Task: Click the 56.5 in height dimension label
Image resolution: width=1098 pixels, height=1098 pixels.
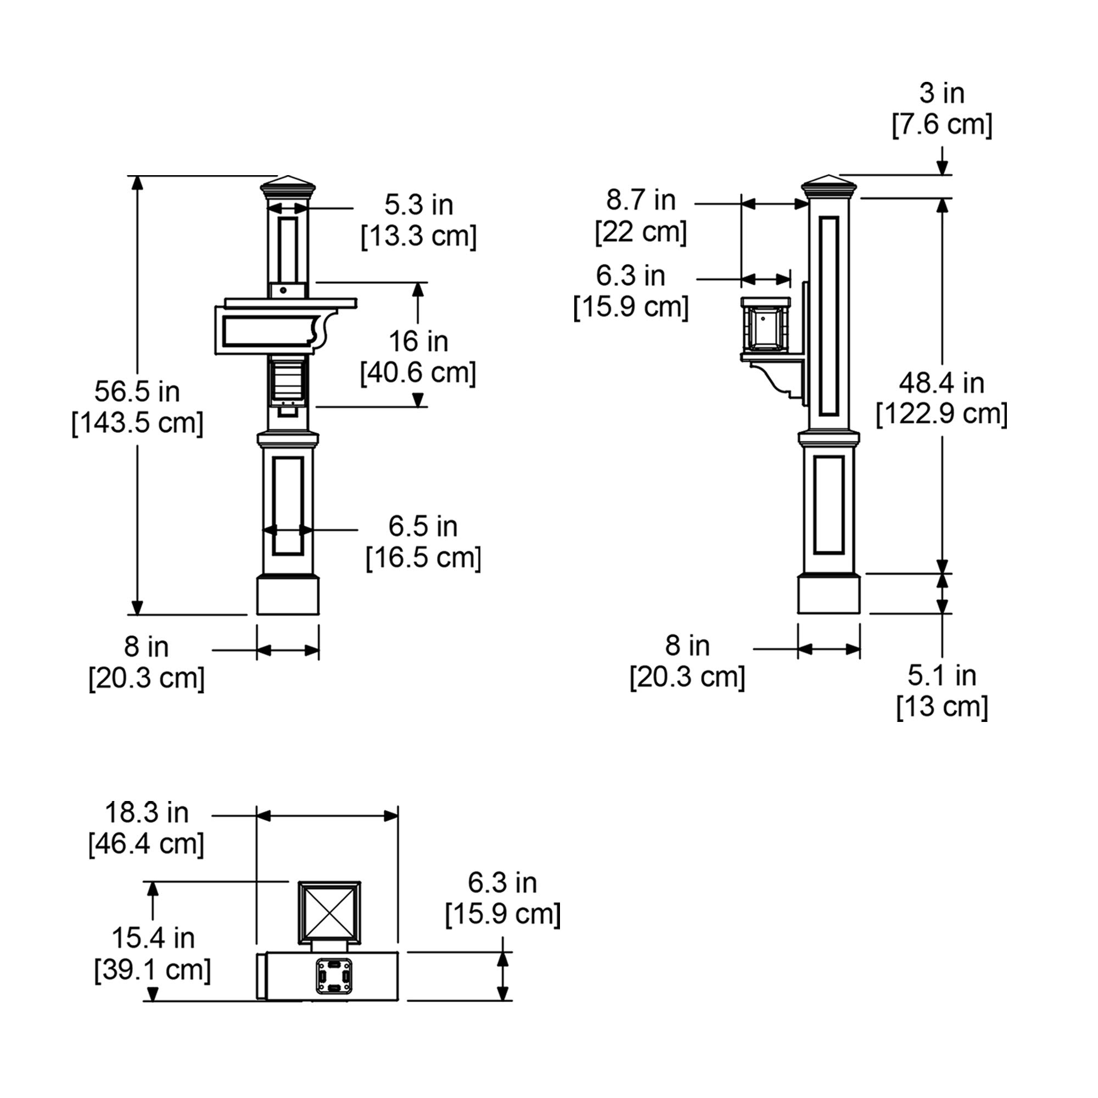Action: coord(137,391)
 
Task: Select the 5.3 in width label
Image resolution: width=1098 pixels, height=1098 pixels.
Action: coord(418,205)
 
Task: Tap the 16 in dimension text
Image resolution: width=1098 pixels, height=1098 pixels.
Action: coord(418,341)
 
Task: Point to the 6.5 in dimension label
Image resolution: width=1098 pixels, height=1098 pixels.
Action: coord(423,526)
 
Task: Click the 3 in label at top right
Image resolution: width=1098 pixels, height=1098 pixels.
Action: coord(942,93)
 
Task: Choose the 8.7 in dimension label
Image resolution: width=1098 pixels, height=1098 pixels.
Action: coord(641,200)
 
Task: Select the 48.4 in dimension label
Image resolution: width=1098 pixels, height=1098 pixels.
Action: coord(942,383)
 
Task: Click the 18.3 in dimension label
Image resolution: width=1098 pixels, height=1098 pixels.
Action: coord(147,813)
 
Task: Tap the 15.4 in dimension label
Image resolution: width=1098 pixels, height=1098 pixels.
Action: coord(153,938)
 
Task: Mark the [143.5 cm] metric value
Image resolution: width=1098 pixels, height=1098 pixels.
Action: coord(137,423)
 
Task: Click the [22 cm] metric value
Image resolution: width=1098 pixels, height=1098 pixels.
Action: coord(641,232)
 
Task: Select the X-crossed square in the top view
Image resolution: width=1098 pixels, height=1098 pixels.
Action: coord(329,910)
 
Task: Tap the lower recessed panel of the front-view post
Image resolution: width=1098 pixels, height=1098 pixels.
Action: coord(288,505)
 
